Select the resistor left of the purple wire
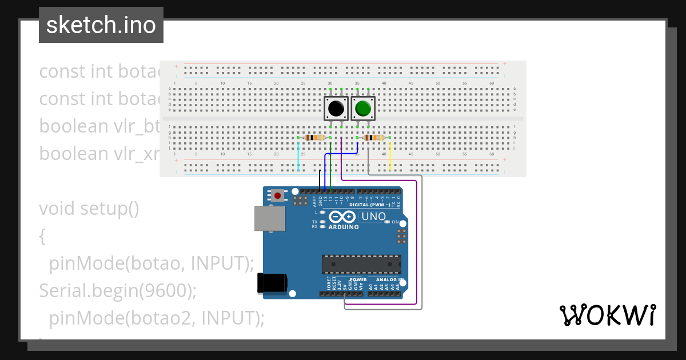click(314, 137)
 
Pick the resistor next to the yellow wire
click(374, 137)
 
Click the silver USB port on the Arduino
click(269, 218)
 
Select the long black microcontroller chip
click(361, 265)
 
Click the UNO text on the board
click(373, 217)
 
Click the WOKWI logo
click(607, 315)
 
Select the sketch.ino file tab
click(101, 25)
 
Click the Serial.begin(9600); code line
click(118, 291)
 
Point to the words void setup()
click(89, 209)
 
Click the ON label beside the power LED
click(395, 222)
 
